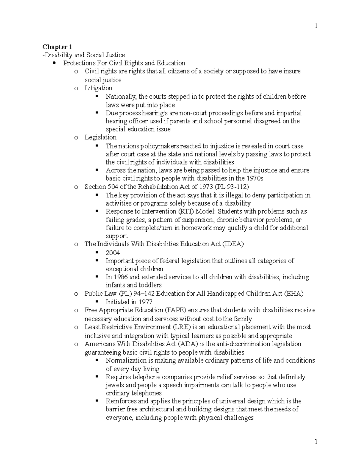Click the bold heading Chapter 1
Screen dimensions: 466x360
(57, 47)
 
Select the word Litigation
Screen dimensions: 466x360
(98, 88)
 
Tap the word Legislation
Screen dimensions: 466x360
(100, 137)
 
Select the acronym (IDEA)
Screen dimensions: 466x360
(233, 244)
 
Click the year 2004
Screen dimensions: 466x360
(113, 253)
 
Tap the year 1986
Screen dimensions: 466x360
(121, 277)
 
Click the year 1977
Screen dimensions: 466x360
(145, 302)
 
